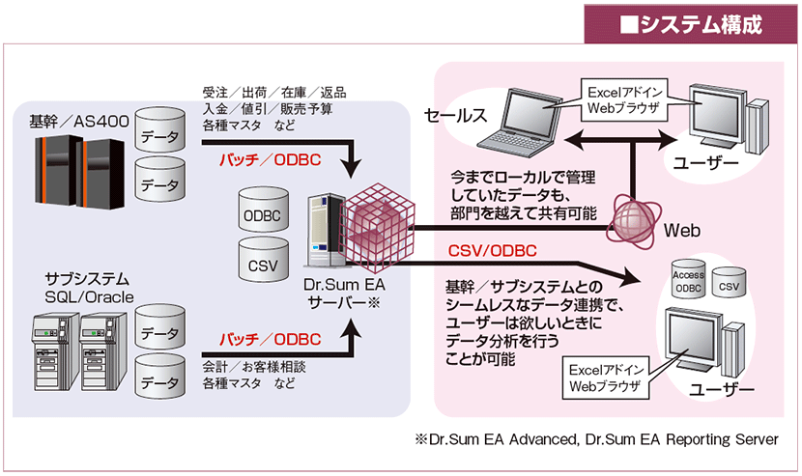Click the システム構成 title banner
[x=691, y=24]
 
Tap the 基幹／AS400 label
[x=79, y=122]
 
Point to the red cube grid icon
[x=377, y=227]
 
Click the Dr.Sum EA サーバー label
[x=344, y=294]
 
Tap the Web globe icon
[x=634, y=221]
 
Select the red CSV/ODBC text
[x=492, y=251]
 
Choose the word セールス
[x=455, y=116]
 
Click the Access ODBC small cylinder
[x=688, y=278]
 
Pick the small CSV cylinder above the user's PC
[x=729, y=281]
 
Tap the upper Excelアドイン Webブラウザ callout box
[x=624, y=99]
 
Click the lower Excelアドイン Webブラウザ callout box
[x=606, y=378]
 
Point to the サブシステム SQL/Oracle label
[x=89, y=288]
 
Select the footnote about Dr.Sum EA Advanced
[x=596, y=439]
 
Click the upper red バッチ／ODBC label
[x=270, y=160]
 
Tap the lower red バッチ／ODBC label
[x=270, y=339]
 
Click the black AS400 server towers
[x=79, y=171]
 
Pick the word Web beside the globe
[x=682, y=231]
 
